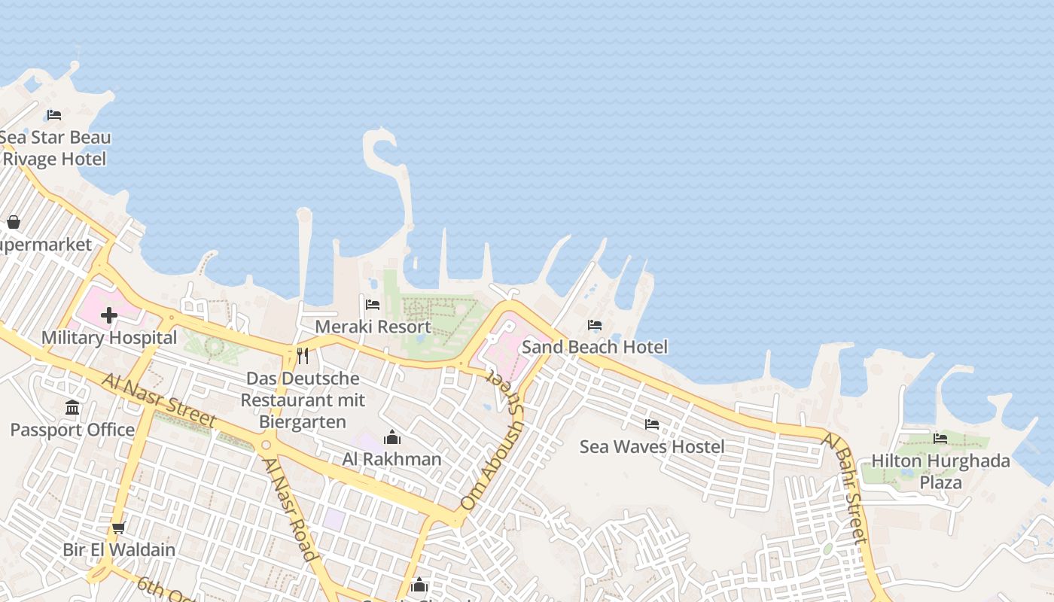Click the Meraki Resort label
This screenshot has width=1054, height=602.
click(373, 327)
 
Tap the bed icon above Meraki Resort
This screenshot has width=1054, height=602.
click(373, 305)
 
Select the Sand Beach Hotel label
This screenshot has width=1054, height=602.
click(595, 347)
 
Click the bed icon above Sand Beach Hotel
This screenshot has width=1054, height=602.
click(595, 325)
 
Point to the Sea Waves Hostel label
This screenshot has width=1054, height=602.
click(652, 446)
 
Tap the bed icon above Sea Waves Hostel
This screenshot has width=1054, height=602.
click(652, 424)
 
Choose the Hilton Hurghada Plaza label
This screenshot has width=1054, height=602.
click(940, 471)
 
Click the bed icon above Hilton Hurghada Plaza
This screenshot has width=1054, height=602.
click(940, 438)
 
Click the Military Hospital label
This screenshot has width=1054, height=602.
click(109, 337)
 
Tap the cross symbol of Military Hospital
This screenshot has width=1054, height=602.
click(109, 315)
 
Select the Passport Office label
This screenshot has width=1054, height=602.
click(72, 430)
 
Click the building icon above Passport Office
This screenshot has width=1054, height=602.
click(72, 408)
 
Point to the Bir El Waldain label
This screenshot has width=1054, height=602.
click(119, 549)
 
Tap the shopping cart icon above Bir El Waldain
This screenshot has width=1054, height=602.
click(118, 528)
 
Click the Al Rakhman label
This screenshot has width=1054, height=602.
click(392, 458)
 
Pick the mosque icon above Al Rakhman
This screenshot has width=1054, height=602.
click(392, 437)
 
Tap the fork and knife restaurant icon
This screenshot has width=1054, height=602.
click(303, 355)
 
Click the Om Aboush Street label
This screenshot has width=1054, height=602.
click(492, 447)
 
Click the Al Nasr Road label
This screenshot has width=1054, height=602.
click(290, 509)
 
